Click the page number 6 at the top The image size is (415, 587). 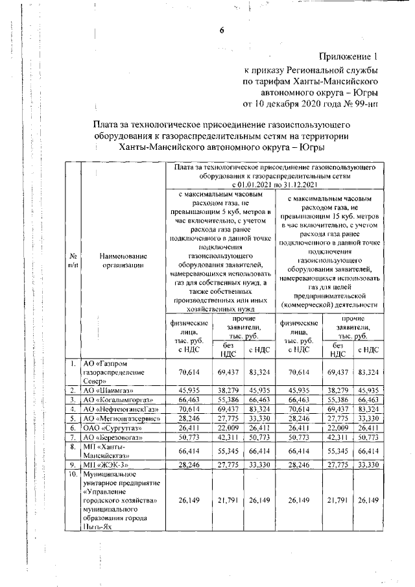[x=221, y=29]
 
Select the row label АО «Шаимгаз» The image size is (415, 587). [x=105, y=390]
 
